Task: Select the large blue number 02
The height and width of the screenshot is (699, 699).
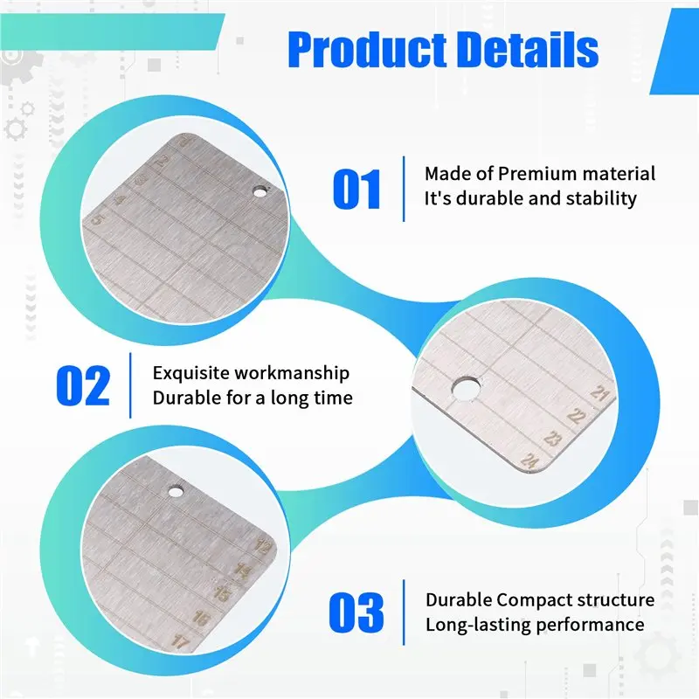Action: click(x=83, y=386)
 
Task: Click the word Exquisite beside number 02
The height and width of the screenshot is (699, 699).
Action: click(x=191, y=373)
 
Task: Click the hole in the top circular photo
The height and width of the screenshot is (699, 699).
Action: click(x=260, y=190)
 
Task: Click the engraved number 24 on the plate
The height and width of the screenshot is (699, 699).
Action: click(x=529, y=460)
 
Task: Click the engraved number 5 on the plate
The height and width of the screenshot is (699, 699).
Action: click(x=97, y=220)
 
